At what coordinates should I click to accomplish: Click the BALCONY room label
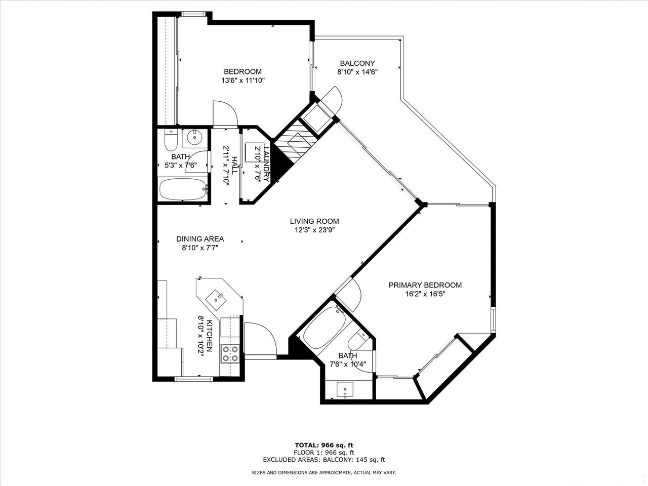point(357,63)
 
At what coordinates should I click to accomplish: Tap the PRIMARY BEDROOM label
point(425,285)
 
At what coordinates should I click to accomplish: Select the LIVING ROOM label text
point(314,221)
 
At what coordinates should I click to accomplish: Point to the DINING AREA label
point(200,239)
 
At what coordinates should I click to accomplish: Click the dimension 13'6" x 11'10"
point(242,80)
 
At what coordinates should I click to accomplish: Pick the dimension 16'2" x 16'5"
point(425,294)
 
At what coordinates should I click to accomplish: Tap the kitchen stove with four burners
point(230,354)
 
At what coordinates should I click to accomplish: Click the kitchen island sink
point(216,300)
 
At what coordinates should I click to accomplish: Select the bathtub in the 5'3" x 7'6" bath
point(183,189)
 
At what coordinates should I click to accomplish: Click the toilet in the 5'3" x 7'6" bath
point(171,140)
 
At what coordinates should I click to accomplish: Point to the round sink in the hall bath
point(194,137)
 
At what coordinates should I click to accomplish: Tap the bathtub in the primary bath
point(324,328)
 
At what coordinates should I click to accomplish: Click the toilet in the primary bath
point(357,341)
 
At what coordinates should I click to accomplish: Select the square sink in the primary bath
point(345,390)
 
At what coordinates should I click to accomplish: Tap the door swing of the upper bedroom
point(225,113)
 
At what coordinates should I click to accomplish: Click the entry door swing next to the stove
point(260,339)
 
